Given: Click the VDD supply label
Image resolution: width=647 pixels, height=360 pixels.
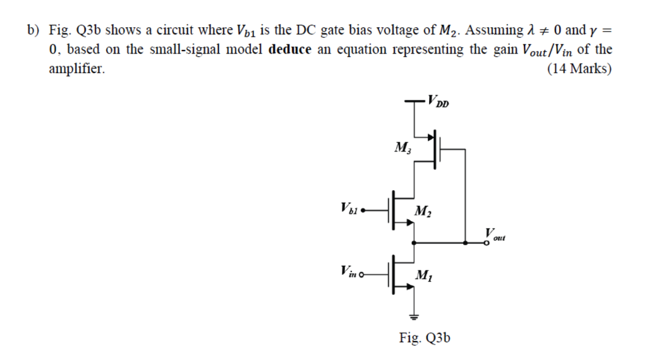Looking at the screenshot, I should click(438, 100).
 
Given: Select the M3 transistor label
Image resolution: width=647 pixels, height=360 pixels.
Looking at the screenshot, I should click(401, 148).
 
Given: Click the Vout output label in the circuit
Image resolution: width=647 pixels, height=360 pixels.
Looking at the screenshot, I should click(495, 233).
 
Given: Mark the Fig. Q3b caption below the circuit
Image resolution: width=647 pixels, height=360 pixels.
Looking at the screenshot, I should click(425, 338).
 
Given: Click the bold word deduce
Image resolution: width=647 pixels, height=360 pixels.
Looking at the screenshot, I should click(290, 50).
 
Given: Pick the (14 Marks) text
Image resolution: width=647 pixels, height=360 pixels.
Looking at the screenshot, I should click(579, 69).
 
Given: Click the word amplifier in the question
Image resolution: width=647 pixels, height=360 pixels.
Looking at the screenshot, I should click(76, 69).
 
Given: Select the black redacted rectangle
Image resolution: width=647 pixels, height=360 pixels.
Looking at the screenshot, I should click(161, 238).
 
